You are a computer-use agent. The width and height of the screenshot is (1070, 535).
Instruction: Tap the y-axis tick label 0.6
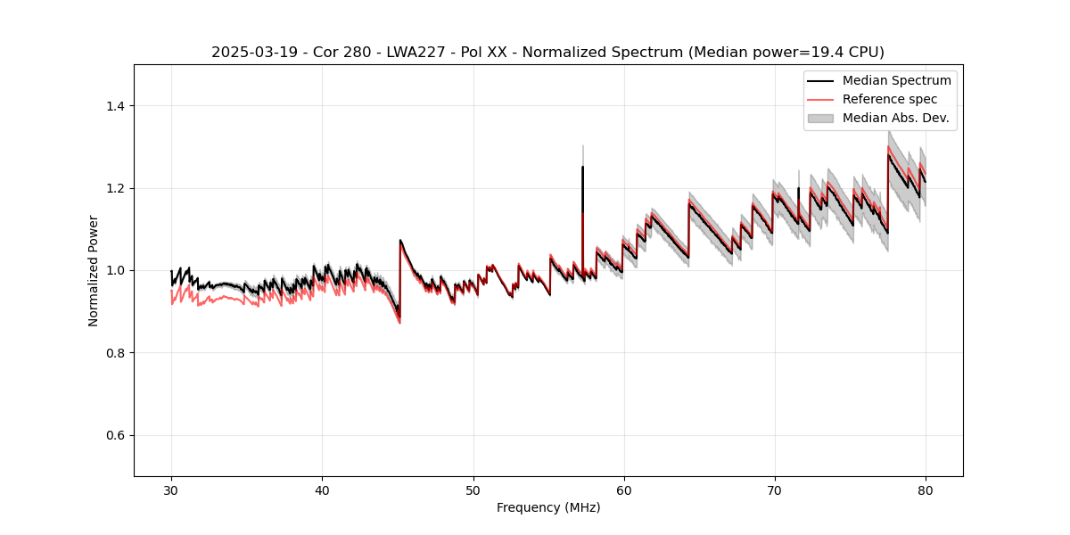(114, 435)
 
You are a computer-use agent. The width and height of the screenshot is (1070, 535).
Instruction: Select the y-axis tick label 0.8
(114, 353)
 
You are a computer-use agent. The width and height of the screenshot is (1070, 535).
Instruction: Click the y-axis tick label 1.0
(114, 270)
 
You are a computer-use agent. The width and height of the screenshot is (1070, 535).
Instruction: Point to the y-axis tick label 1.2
(114, 188)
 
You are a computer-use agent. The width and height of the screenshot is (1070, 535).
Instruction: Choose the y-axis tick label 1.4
(114, 106)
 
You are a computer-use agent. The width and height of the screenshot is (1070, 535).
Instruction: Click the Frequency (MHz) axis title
(548, 507)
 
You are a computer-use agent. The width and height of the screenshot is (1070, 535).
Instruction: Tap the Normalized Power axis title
(94, 270)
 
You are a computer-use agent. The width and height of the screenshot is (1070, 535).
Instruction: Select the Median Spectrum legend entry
(896, 81)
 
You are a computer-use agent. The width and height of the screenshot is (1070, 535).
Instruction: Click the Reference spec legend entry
(889, 99)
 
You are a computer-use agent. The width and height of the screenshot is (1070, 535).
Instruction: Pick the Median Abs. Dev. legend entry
(895, 118)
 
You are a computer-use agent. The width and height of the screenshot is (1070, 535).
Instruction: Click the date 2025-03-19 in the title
(252, 53)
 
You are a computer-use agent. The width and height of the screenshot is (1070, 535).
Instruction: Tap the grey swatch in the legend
(820, 118)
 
